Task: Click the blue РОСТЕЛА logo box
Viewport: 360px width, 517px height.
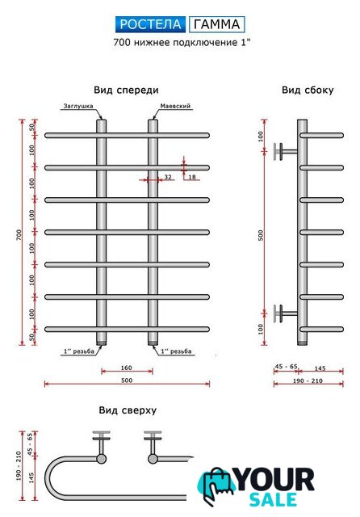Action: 150,24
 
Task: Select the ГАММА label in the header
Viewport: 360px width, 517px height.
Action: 216,24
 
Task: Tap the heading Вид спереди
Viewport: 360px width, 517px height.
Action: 126,90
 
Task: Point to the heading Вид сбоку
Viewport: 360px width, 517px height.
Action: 308,90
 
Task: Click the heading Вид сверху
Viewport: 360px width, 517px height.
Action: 128,410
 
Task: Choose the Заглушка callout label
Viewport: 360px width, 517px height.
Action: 78,106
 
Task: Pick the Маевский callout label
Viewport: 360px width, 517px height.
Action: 175,106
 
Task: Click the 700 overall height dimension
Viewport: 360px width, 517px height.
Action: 19,234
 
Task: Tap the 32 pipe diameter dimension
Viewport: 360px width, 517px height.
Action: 168,177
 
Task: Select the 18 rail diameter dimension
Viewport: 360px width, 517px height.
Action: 192,177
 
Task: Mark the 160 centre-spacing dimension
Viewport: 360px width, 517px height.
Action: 127,368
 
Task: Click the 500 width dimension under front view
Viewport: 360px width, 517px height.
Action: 127,380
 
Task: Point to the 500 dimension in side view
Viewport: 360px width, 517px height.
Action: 261,235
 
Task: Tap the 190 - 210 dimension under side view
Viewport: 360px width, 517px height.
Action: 308,380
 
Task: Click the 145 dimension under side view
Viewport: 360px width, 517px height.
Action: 320,368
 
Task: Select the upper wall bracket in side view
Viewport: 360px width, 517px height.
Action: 286,152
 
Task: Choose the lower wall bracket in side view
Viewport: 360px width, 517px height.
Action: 286,313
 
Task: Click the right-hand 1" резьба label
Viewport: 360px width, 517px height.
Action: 176,351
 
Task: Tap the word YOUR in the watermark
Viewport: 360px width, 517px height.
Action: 274,480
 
